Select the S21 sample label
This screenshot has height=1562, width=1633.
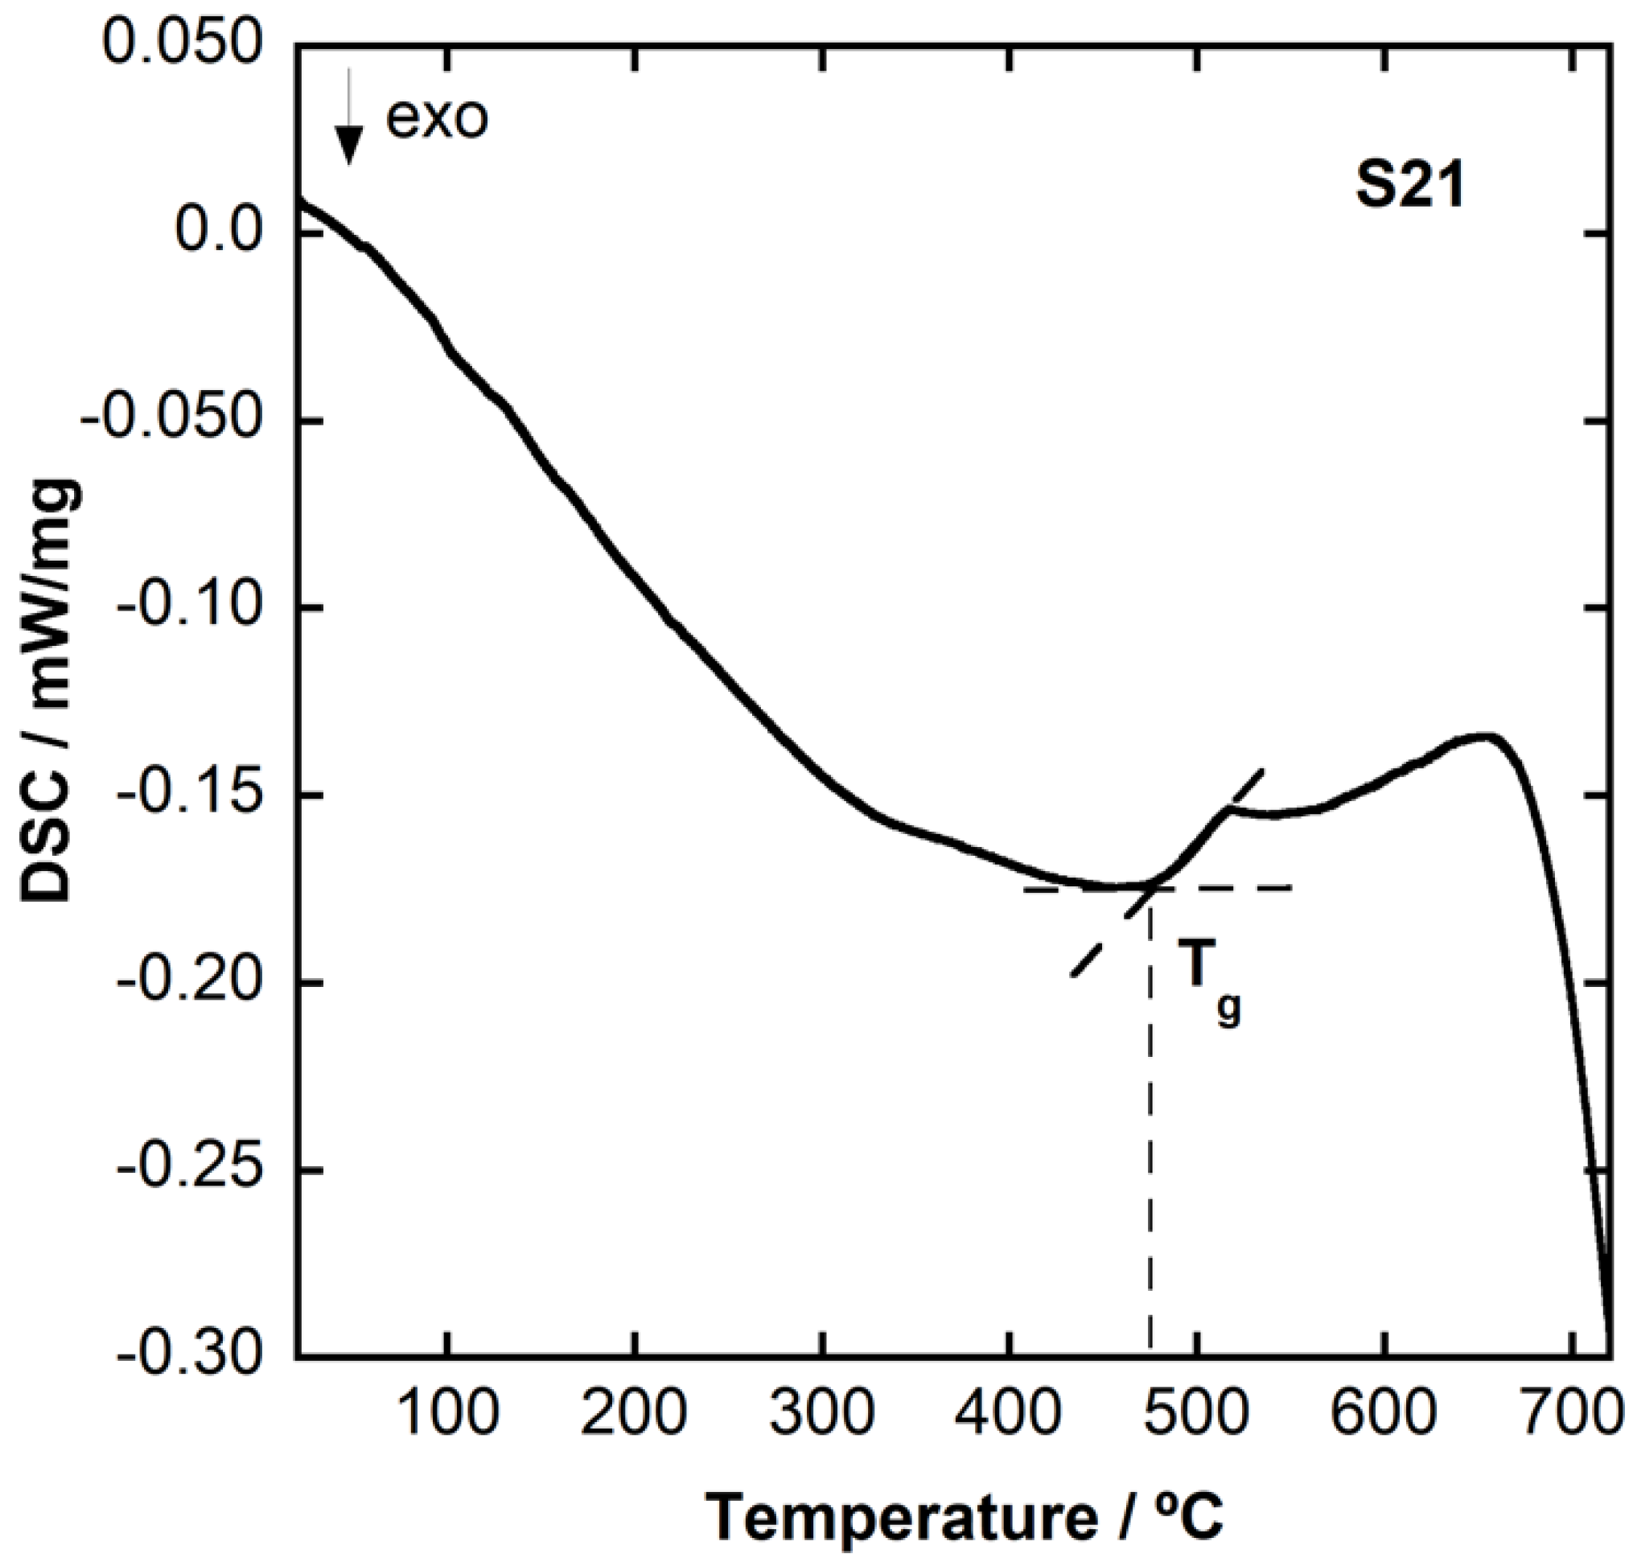pos(1409,188)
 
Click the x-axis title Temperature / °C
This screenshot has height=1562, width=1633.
pos(966,1517)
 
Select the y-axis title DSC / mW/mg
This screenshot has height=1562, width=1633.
pos(51,691)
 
